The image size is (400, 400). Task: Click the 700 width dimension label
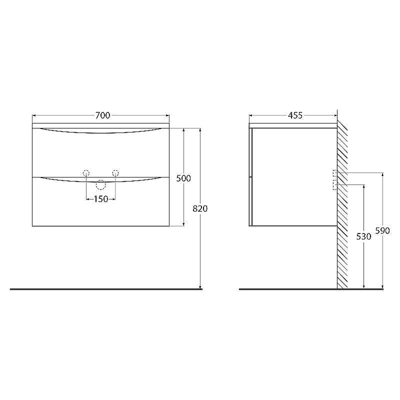[102, 115]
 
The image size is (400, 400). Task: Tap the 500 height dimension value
[184, 178]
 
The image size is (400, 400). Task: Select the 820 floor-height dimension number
[200, 208]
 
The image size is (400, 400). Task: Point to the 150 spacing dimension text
[100, 199]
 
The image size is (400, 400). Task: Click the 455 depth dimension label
[295, 115]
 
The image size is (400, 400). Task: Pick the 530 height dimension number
[363, 236]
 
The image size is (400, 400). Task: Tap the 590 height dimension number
[382, 231]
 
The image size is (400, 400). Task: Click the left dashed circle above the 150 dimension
[86, 173]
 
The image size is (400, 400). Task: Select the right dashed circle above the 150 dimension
[115, 173]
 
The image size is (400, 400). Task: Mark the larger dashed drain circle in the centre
[101, 185]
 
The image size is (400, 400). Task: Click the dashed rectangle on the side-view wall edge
[334, 180]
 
